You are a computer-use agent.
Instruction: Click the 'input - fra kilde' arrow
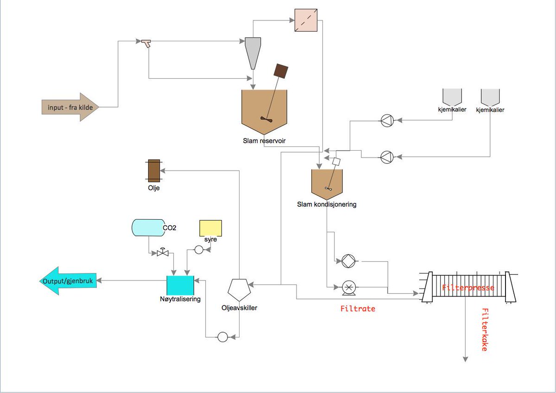coord(70,107)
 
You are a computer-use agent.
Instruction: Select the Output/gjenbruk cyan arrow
coord(68,281)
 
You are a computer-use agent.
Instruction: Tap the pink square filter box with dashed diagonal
coord(306,20)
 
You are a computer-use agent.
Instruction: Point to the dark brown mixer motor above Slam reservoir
coord(281,71)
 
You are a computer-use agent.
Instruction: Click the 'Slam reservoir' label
coord(264,141)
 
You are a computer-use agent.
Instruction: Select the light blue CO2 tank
coord(148,228)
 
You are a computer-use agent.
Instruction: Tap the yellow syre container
coord(211,228)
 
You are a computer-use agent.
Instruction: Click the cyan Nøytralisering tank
coord(180,285)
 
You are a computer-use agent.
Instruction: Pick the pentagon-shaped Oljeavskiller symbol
coord(239,290)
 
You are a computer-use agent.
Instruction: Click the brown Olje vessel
coord(154,171)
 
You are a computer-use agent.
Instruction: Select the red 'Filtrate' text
coord(358,309)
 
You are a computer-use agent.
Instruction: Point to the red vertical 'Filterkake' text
coord(485,330)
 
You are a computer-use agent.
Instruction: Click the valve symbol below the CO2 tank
coord(163,253)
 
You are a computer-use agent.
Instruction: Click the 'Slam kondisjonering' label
coord(327,204)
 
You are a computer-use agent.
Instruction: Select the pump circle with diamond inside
coord(348,261)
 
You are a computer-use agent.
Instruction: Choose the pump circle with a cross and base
coord(349,288)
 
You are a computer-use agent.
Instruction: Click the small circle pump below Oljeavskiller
coord(223,337)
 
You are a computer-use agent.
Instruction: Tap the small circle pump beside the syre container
coord(199,249)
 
